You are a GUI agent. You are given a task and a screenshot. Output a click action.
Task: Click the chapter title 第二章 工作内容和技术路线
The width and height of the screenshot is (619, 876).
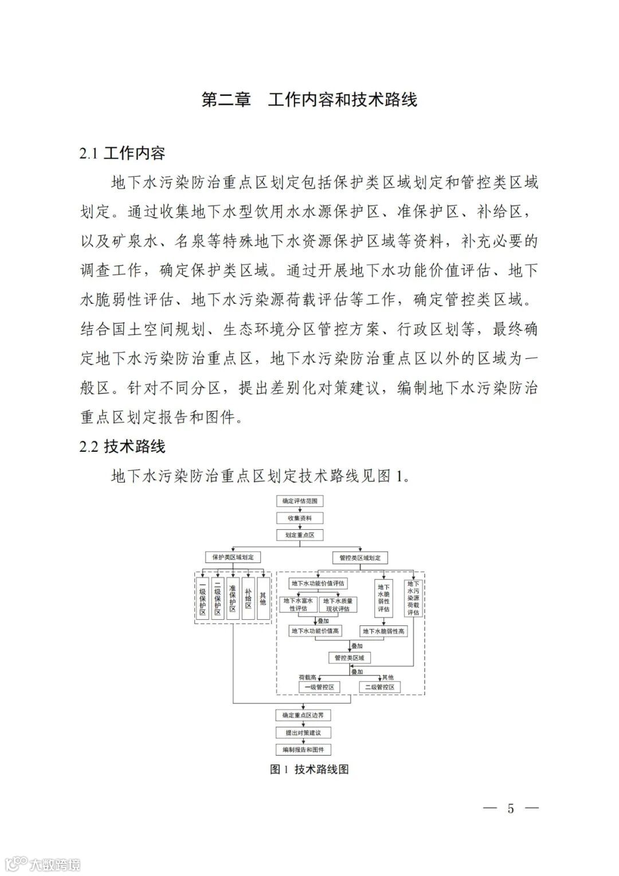pyautogui.click(x=309, y=100)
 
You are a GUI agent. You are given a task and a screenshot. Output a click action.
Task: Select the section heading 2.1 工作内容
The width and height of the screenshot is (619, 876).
pyautogui.click(x=123, y=153)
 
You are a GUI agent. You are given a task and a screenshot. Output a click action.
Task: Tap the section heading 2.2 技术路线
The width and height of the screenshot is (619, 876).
pyautogui.click(x=123, y=447)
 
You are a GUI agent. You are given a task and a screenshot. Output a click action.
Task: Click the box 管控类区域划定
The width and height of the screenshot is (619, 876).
pyautogui.click(x=360, y=557)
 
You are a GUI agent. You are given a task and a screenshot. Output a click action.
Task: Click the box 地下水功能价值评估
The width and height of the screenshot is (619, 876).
pyautogui.click(x=318, y=584)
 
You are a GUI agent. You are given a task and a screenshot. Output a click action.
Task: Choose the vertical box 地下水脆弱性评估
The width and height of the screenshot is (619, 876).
pyautogui.click(x=383, y=598)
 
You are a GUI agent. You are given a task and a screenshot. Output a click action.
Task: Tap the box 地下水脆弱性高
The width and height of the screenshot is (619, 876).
pyautogui.click(x=383, y=631)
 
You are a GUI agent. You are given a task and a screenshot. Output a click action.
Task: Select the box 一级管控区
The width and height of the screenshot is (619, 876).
pyautogui.click(x=319, y=687)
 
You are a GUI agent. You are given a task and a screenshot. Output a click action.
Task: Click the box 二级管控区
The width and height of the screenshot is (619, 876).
pyautogui.click(x=379, y=687)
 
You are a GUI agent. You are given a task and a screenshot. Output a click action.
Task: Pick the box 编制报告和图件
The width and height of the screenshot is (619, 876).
pyautogui.click(x=303, y=749)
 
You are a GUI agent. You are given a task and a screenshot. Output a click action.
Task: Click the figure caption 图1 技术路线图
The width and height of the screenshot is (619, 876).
pyautogui.click(x=309, y=769)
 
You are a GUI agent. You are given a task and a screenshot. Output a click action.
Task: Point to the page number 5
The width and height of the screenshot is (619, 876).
pyautogui.click(x=511, y=808)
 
